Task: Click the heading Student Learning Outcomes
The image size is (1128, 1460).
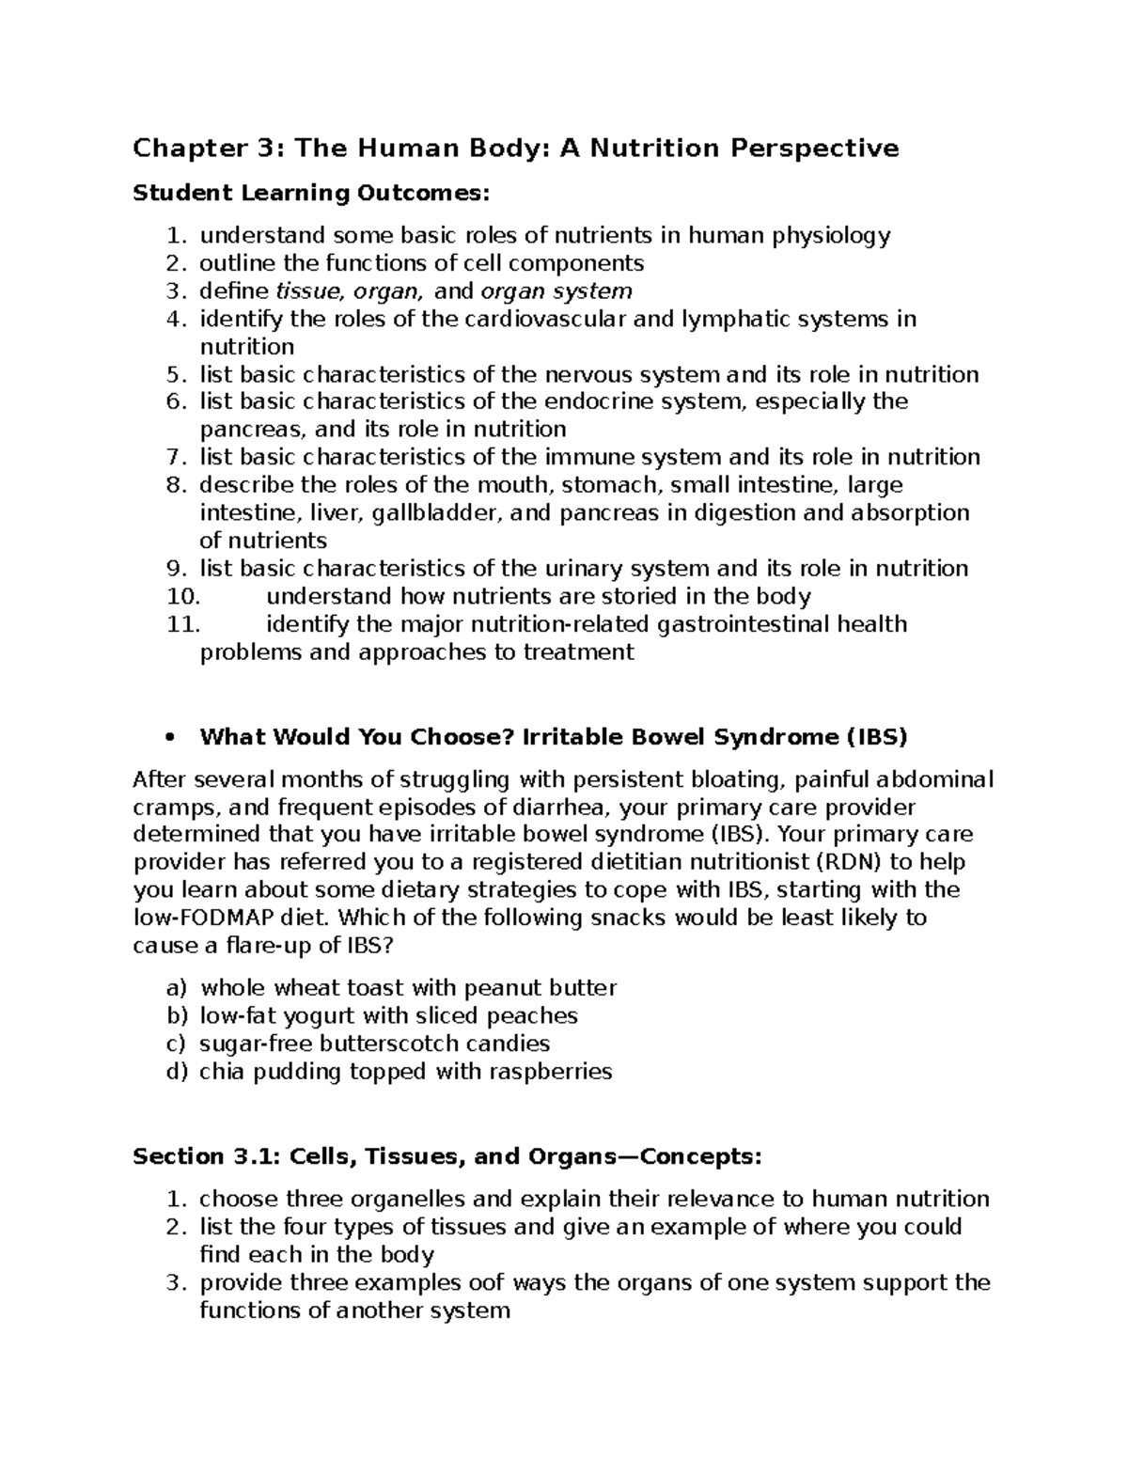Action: [311, 194]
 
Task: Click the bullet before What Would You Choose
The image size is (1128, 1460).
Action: [170, 737]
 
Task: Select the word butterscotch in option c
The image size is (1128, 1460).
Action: [388, 1044]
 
